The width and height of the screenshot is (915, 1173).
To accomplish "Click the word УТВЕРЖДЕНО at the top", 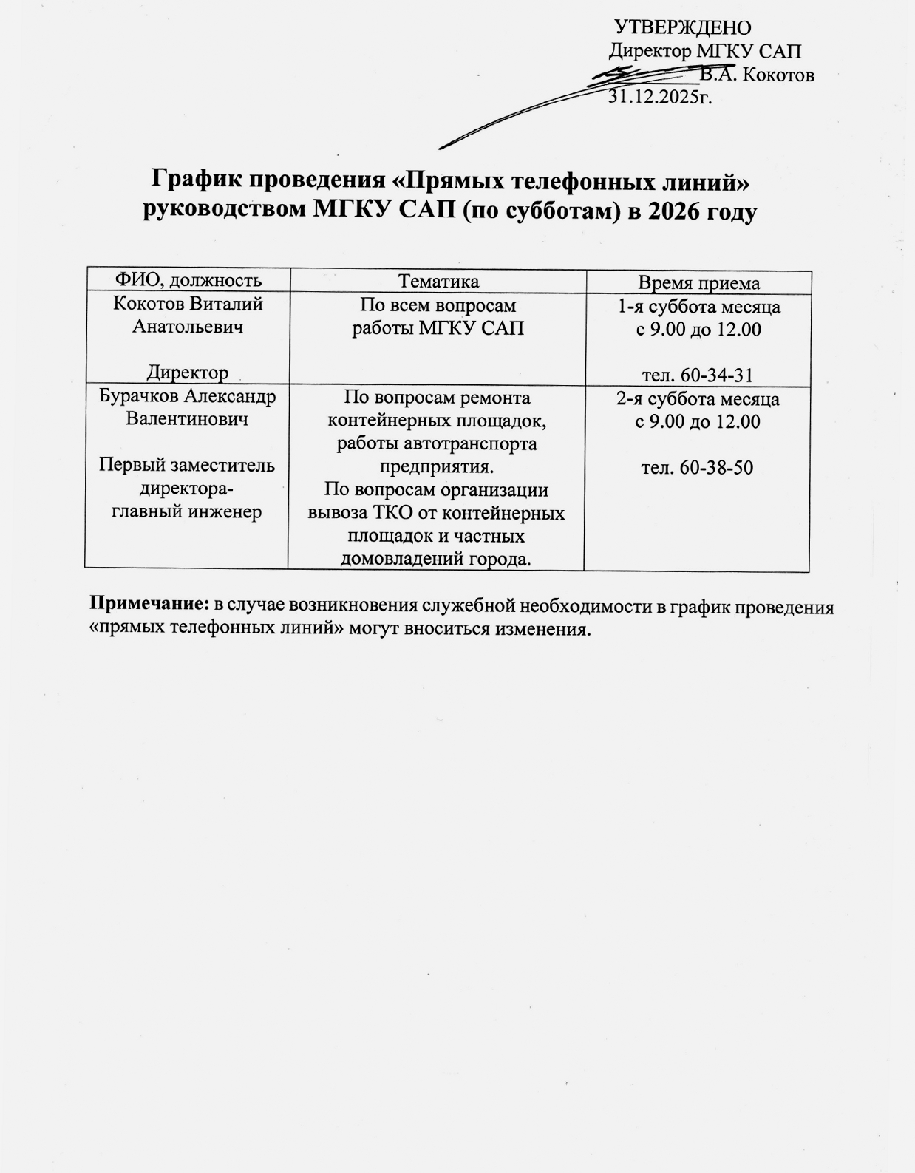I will click(683, 28).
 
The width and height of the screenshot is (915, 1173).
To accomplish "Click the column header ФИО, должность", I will click(187, 280).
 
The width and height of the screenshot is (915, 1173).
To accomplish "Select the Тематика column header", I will click(438, 282).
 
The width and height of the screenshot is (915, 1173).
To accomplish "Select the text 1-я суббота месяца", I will click(698, 307).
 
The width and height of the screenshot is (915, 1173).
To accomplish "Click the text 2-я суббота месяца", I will click(698, 399).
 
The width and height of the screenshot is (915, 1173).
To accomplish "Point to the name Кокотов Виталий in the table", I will click(188, 304).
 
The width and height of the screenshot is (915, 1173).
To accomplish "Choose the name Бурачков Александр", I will click(188, 396).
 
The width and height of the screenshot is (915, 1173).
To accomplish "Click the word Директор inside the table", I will click(188, 373).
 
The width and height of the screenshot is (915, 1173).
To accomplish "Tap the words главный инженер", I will click(187, 511).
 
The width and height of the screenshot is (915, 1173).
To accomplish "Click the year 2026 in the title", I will click(674, 211).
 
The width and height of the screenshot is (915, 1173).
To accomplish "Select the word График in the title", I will click(195, 180).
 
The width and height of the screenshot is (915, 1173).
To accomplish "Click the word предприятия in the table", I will click(435, 467).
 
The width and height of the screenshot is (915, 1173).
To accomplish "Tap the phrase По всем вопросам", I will click(438, 305).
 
